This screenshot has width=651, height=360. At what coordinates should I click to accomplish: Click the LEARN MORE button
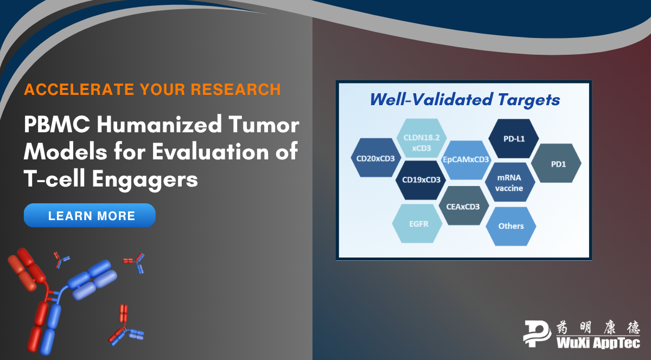click(x=90, y=215)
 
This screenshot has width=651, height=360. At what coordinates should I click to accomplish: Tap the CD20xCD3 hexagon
click(x=376, y=158)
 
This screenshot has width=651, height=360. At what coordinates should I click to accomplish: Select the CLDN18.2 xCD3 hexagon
click(x=422, y=138)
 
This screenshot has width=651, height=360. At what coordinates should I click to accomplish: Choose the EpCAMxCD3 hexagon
click(x=466, y=160)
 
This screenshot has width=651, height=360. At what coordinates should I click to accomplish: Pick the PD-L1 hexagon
click(x=514, y=139)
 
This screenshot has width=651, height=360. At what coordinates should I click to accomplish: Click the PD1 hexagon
click(x=556, y=163)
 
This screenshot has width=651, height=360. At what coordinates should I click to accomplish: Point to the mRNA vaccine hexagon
click(x=510, y=182)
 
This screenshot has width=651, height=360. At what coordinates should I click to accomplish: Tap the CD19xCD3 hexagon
click(x=421, y=180)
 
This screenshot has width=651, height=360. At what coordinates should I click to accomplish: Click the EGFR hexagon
click(x=417, y=223)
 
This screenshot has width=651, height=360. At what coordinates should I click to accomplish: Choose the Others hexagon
click(x=511, y=226)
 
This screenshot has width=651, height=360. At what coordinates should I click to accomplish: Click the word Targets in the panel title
click(x=528, y=100)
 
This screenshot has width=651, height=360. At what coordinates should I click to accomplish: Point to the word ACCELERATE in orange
click(x=79, y=89)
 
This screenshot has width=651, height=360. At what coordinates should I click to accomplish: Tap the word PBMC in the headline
click(x=57, y=125)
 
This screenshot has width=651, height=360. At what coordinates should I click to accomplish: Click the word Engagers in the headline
click(x=145, y=179)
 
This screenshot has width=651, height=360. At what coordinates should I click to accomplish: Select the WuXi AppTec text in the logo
click(x=598, y=343)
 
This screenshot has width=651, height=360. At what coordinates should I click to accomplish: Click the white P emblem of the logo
click(x=537, y=333)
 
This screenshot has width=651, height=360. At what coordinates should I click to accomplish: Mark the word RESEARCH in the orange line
click(x=235, y=89)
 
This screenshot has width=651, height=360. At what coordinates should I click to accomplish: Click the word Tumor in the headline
click(x=264, y=125)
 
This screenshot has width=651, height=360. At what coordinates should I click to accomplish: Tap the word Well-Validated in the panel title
click(x=431, y=99)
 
